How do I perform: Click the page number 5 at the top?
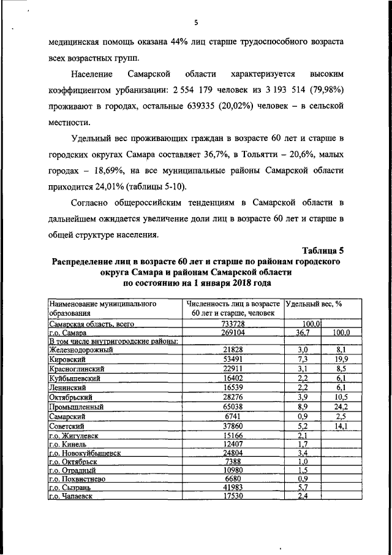[196, 23]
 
